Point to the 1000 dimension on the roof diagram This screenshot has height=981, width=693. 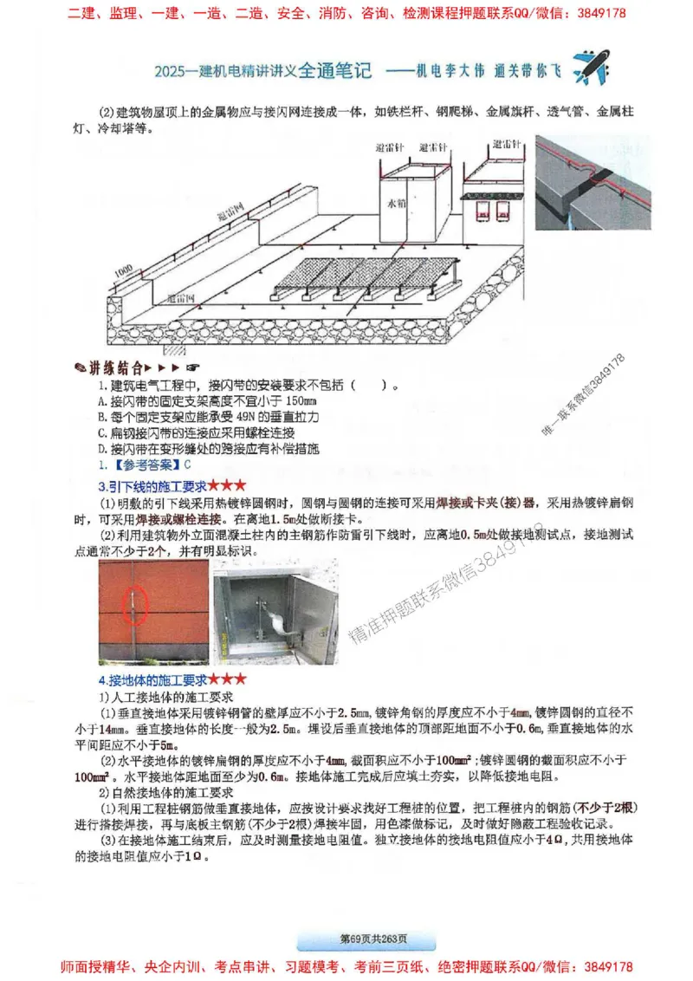click(x=123, y=272)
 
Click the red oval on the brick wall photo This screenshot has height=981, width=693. click(x=139, y=599)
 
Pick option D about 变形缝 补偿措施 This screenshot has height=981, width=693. click(x=209, y=449)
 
